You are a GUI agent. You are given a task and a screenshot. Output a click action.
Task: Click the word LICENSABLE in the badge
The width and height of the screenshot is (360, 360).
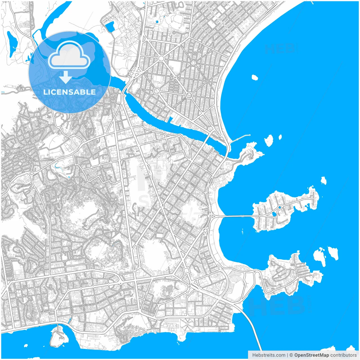click(69, 92)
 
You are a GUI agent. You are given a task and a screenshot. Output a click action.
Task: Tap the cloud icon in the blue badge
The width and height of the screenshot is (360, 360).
click(69, 55)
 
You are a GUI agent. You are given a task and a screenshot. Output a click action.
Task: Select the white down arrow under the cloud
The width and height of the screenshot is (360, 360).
click(66, 77)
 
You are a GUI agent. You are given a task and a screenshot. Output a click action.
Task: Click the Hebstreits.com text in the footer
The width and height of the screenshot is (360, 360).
click(269, 355)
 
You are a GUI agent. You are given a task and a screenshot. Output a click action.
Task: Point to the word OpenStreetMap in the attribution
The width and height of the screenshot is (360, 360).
click(311, 355)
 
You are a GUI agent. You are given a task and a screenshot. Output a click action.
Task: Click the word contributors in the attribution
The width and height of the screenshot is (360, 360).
click(343, 355)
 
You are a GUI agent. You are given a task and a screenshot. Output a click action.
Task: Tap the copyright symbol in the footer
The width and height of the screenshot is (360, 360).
click(291, 355)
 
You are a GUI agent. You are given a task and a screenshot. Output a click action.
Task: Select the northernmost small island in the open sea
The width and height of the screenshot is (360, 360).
click(255, 77)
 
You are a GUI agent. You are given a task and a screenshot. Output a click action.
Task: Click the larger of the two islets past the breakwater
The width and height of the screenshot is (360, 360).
click(269, 140)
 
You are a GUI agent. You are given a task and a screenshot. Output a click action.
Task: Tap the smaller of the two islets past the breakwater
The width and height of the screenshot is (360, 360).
click(280, 137)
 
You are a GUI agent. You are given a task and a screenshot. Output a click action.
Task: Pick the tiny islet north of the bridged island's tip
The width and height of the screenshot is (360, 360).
click(324, 180)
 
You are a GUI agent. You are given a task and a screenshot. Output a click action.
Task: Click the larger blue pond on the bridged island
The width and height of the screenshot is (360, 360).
click(274, 214)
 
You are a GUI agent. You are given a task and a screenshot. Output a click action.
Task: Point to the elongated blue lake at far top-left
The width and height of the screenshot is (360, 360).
click(12, 44)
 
